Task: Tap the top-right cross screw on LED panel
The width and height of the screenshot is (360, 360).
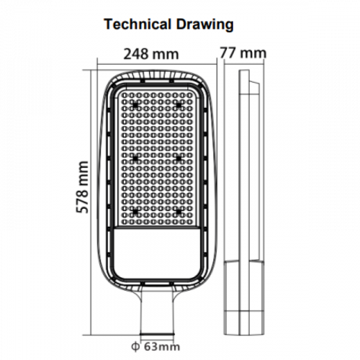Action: pyautogui.click(x=176, y=104)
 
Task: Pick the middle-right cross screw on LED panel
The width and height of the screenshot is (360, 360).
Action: pyautogui.click(x=176, y=157)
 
